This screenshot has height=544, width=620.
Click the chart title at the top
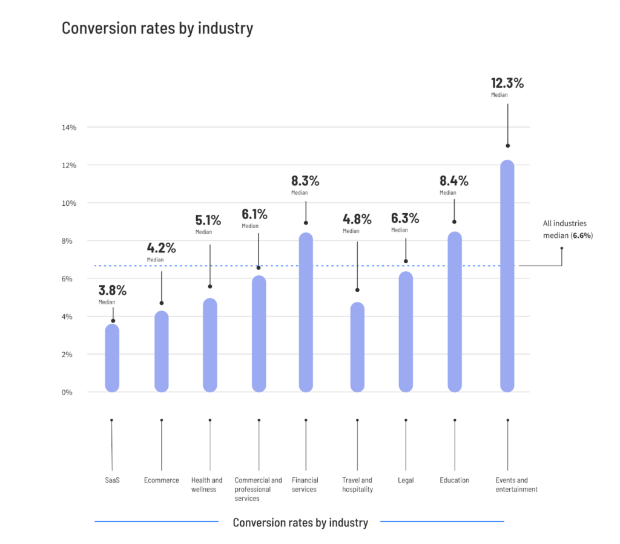coord(157,28)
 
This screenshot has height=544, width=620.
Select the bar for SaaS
coord(112,358)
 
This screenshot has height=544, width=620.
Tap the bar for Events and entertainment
coord(507,276)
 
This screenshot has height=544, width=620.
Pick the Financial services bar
coord(306,312)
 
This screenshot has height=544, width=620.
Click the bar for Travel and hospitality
coord(357,347)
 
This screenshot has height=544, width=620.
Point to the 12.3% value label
coord(507,84)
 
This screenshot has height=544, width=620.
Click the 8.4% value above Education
coord(454,180)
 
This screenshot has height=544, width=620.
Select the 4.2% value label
coord(161,247)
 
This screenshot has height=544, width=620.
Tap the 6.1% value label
coord(254,214)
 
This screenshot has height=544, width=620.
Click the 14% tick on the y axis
coord(68,128)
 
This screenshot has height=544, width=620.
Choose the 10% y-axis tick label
coord(68,203)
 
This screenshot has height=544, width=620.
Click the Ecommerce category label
coord(162,480)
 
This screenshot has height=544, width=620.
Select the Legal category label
coord(406,480)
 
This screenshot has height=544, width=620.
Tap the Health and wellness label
coord(207,485)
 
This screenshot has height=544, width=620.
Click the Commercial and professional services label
coord(259,489)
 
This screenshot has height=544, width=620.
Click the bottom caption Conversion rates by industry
coord(300,522)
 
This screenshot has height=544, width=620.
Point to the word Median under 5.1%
coord(203,232)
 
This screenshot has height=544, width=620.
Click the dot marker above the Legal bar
coord(406,261)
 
